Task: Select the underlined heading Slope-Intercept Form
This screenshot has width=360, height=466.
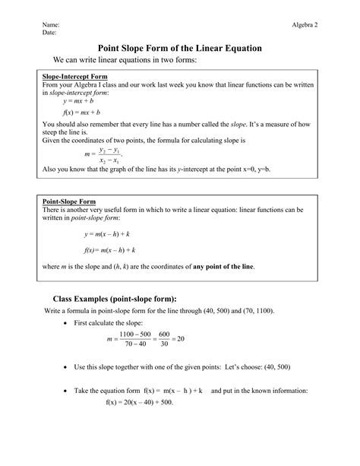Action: [74, 78]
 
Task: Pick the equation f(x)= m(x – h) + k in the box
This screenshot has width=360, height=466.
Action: [109, 249]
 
